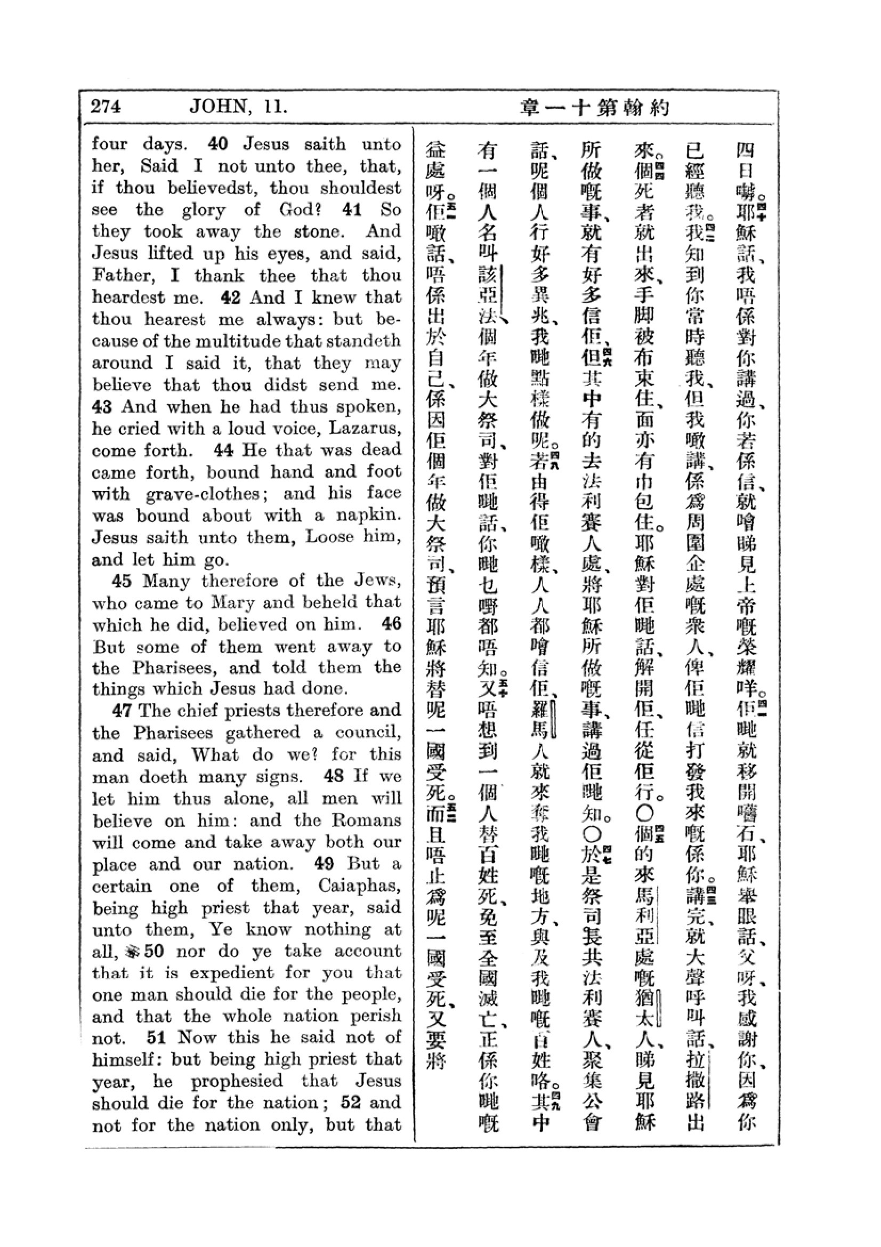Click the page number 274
click(106, 106)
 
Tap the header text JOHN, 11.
click(238, 106)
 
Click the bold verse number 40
click(217, 144)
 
